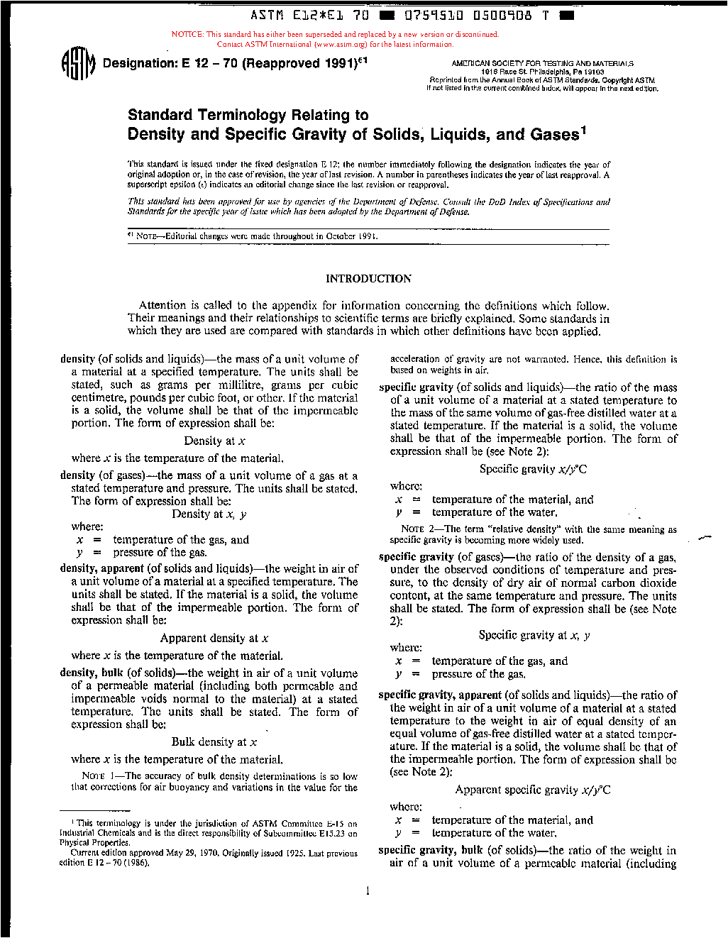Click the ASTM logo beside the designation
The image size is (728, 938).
[x=77, y=64]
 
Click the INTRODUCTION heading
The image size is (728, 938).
[x=368, y=279]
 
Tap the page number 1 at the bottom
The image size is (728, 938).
[x=368, y=891]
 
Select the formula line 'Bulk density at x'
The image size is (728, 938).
[x=214, y=741]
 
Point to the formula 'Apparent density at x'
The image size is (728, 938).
[x=214, y=638]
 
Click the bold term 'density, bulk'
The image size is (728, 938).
[x=92, y=673]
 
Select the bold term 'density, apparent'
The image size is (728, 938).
[x=101, y=568]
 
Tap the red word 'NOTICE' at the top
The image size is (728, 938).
[x=187, y=34]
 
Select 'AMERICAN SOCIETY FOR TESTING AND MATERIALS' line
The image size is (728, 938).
[x=542, y=63]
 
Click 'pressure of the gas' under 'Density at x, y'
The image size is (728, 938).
[x=160, y=552]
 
